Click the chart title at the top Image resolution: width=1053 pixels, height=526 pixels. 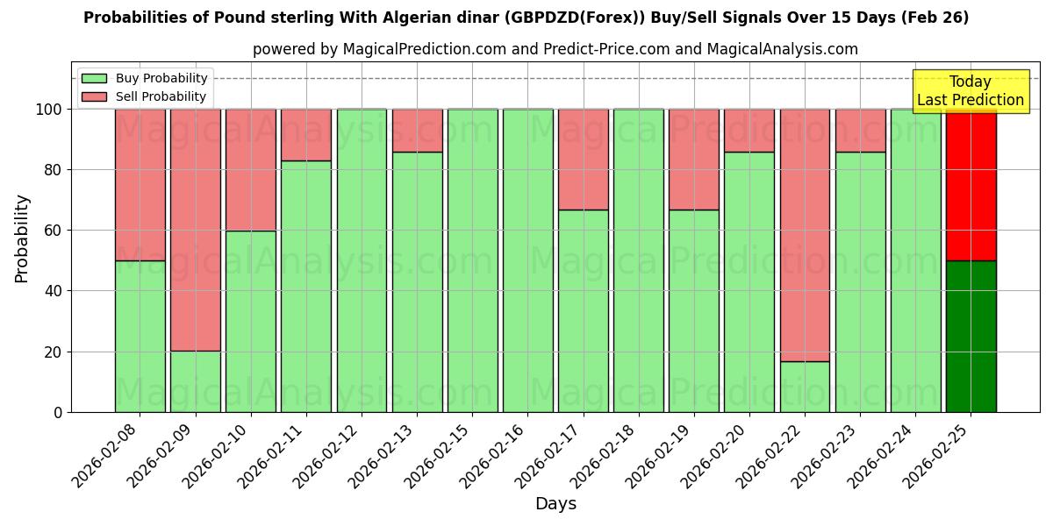click(x=526, y=18)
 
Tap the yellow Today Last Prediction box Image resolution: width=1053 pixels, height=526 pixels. click(x=971, y=91)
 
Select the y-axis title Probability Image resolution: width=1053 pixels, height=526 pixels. click(x=22, y=238)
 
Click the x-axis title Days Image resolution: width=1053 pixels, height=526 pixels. click(x=555, y=504)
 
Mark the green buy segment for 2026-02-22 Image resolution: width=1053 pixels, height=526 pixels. click(x=805, y=387)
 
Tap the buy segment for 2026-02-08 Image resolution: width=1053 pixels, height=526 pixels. click(x=140, y=336)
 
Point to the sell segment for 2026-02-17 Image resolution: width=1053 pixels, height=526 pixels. click(x=583, y=160)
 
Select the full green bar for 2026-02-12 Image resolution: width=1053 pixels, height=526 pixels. click(x=362, y=260)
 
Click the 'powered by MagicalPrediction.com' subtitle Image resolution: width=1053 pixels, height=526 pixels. click(x=555, y=49)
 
